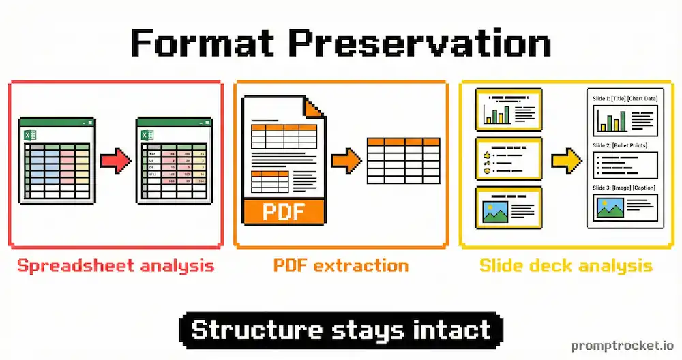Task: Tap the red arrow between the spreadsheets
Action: point(115,161)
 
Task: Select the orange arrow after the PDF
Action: point(346,161)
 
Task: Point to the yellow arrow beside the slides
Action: point(565,161)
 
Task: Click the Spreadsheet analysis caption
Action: point(115,265)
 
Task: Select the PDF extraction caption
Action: point(341,265)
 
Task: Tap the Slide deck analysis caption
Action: point(565,265)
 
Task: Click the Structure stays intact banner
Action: point(341,330)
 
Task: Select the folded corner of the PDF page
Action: point(314,108)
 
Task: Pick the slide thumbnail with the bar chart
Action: point(507,110)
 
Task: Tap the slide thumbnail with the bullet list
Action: point(507,159)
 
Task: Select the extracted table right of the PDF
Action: point(404,161)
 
